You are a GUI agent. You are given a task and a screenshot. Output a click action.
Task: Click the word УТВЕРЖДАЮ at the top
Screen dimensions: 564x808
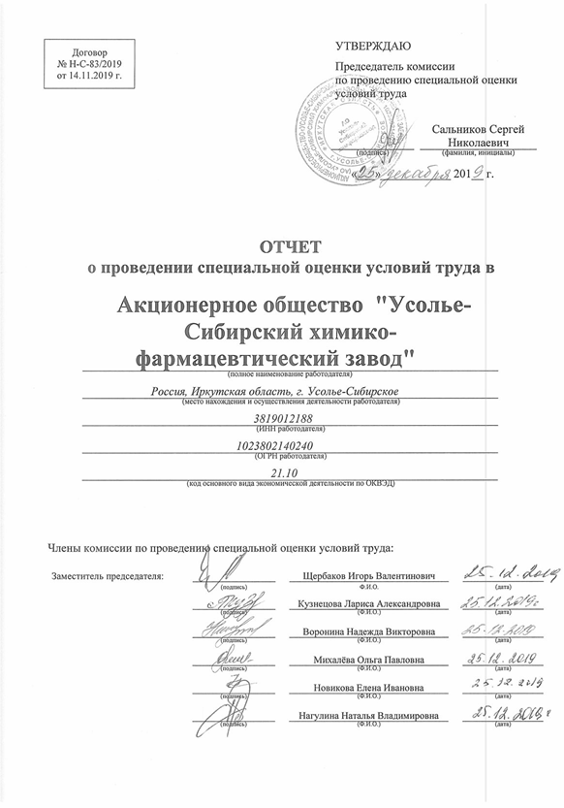(x=373, y=46)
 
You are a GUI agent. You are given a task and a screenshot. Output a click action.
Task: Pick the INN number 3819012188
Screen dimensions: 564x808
(x=291, y=418)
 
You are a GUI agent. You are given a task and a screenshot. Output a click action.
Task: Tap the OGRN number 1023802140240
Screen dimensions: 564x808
(x=291, y=445)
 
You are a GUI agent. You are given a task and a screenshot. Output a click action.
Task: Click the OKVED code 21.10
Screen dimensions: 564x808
(x=291, y=472)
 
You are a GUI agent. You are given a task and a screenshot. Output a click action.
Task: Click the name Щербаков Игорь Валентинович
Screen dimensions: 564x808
(x=369, y=577)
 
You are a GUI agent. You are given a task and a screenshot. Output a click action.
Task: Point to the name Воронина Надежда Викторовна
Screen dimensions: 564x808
(x=369, y=632)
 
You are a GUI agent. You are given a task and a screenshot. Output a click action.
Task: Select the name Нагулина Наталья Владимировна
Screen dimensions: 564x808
(x=369, y=717)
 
